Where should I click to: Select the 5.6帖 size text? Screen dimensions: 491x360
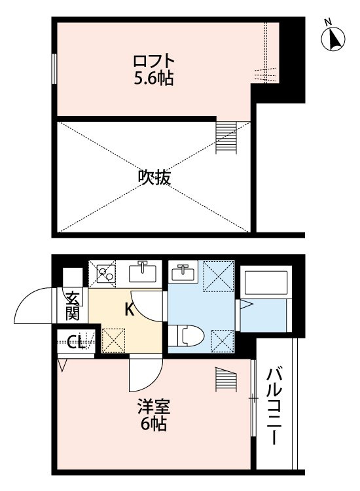pyautogui.click(x=153, y=79)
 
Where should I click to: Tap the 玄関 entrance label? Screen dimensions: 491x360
pyautogui.click(x=72, y=304)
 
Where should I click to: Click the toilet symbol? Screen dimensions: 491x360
pyautogui.click(x=188, y=336)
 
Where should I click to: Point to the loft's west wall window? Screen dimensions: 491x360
pyautogui.click(x=54, y=68)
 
